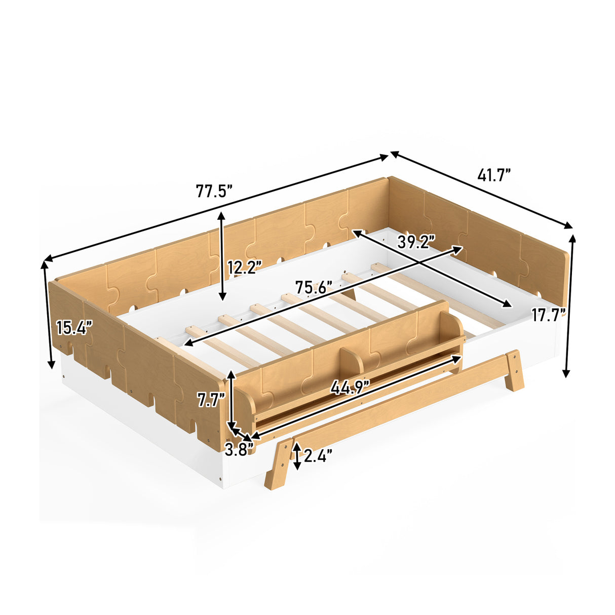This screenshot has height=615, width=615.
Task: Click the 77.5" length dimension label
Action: point(213,191)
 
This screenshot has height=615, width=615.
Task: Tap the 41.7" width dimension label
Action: point(494,175)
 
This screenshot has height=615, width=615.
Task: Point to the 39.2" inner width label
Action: point(416,242)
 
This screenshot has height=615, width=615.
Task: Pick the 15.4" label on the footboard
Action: point(74,327)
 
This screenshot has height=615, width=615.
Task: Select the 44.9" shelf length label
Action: point(350,388)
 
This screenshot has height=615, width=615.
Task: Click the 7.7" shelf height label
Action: point(211,400)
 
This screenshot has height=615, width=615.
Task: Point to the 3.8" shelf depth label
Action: point(239,450)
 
